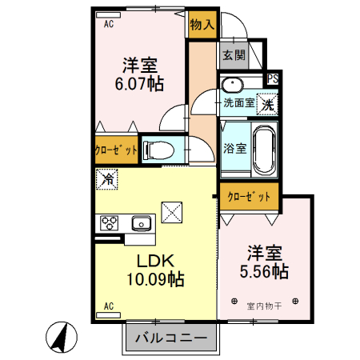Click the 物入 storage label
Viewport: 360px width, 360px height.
tap(202, 25)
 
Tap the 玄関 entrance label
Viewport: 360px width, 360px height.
tap(234, 55)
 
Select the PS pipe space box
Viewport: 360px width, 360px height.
tap(273, 78)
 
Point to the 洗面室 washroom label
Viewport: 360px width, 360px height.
tap(238, 102)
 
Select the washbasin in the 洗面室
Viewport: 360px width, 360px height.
tap(233, 85)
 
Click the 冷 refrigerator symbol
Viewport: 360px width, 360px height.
tap(106, 180)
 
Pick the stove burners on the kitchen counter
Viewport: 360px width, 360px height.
tap(108, 223)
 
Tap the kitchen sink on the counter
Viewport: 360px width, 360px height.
tap(141, 223)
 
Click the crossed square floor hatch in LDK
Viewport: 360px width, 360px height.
tap(172, 213)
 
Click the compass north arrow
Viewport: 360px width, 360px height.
tap(59, 335)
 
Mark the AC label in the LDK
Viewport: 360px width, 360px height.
tap(108, 306)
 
